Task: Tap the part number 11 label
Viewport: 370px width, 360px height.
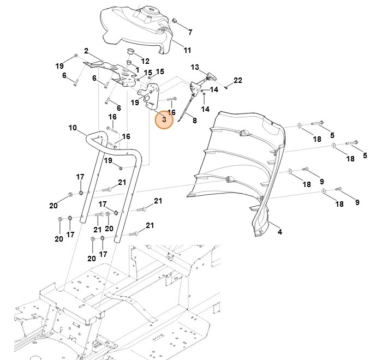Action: pyautogui.click(x=187, y=50)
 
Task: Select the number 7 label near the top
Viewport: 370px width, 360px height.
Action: pyautogui.click(x=190, y=32)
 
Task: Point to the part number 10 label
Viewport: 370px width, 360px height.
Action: pyautogui.click(x=73, y=128)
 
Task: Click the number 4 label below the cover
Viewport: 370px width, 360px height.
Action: pyautogui.click(x=280, y=232)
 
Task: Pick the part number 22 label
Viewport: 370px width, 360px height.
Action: pyautogui.click(x=237, y=81)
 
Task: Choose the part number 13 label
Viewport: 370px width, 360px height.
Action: pyautogui.click(x=195, y=67)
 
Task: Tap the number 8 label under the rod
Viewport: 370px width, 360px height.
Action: pyautogui.click(x=194, y=120)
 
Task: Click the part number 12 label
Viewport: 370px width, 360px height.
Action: pyautogui.click(x=145, y=61)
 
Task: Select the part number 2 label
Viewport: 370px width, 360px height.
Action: pyautogui.click(x=86, y=51)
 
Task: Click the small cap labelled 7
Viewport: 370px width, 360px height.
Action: pyautogui.click(x=176, y=21)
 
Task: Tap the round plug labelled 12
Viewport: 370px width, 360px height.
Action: pyautogui.click(x=131, y=51)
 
